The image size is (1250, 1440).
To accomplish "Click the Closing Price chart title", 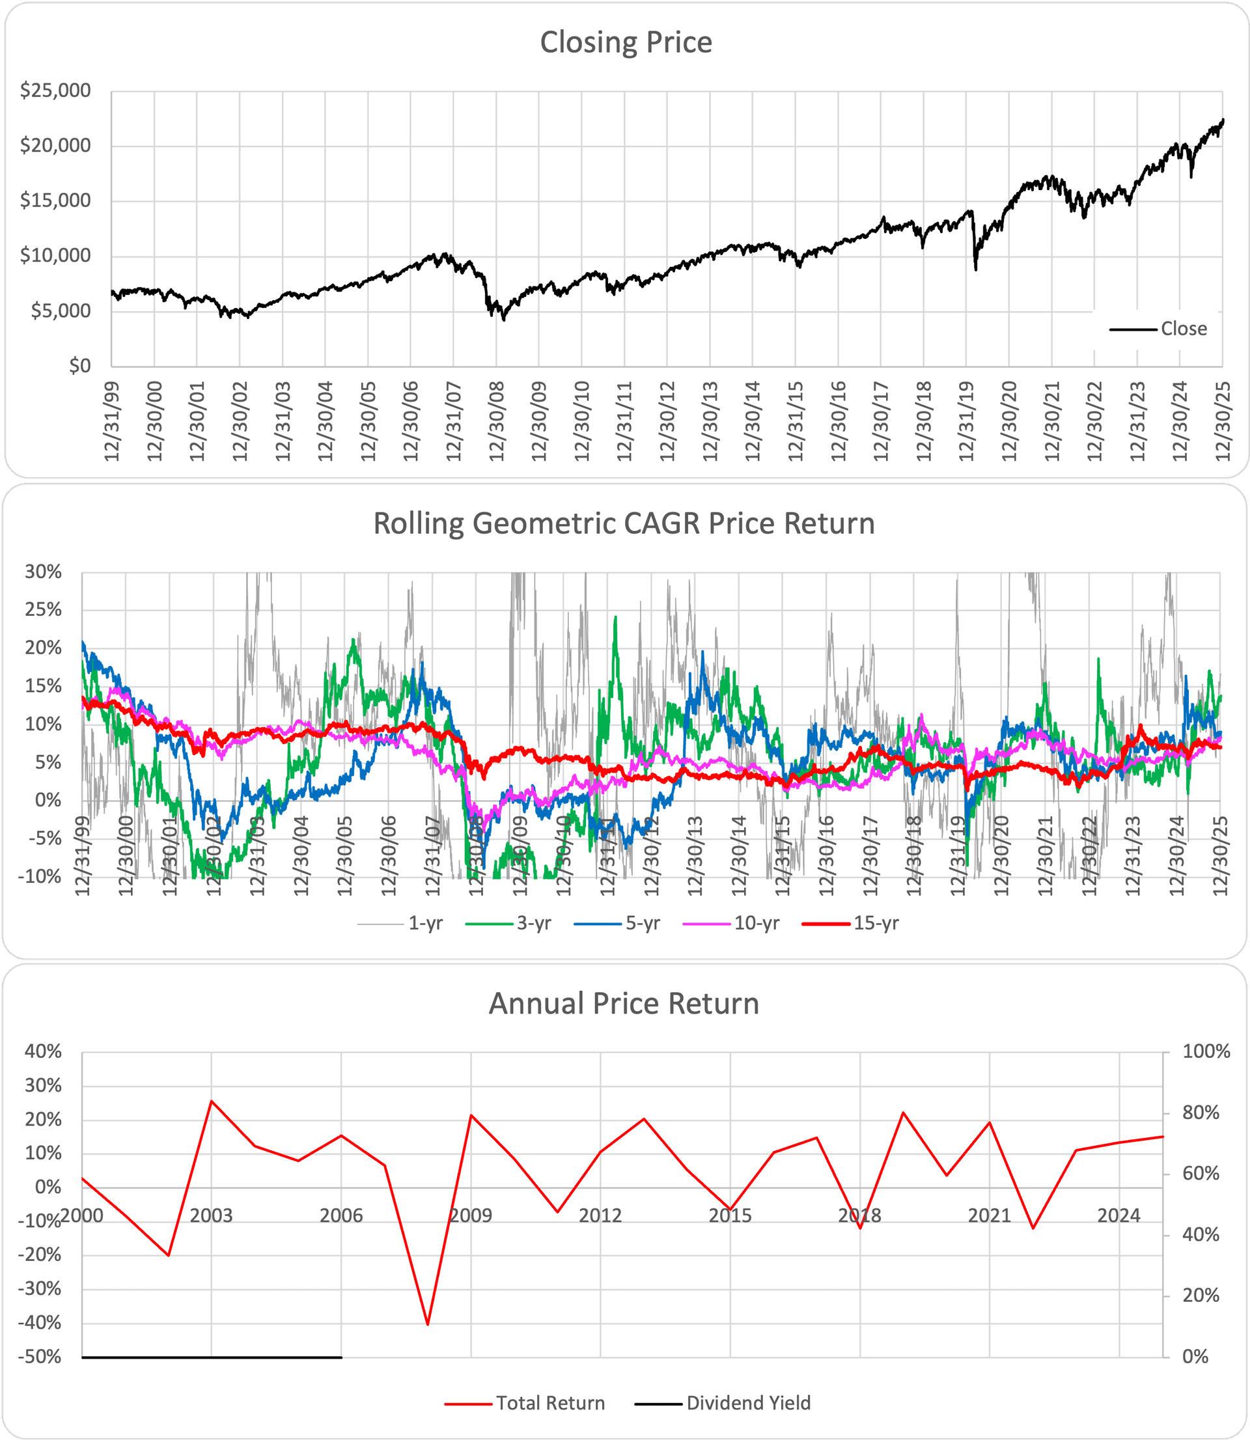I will click(626, 42).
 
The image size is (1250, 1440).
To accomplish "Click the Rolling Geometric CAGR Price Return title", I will click(624, 523).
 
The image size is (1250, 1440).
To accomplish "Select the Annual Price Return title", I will click(624, 1003).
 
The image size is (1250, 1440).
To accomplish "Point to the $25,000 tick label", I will click(55, 90).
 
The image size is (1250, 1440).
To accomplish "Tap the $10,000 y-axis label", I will click(55, 256).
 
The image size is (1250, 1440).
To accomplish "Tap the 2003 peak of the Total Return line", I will click(212, 1101).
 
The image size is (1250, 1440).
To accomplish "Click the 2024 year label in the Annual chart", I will click(1119, 1215).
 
